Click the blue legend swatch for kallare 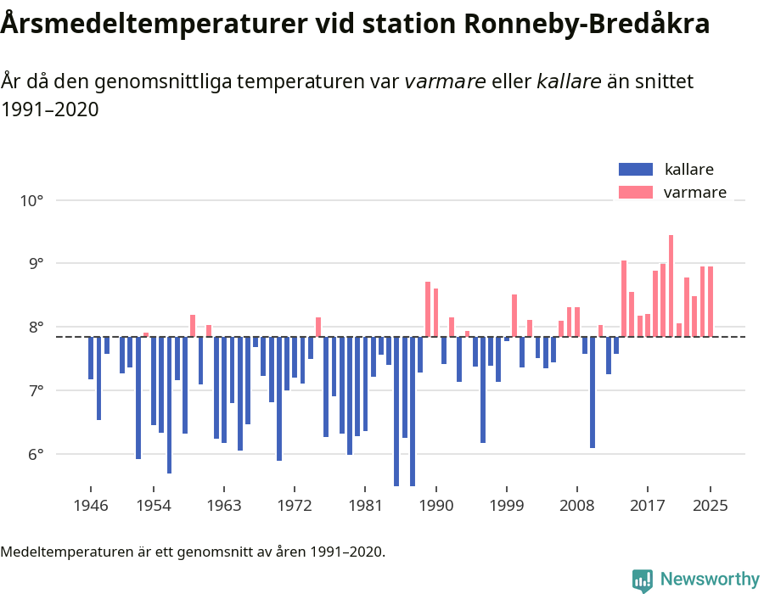(x=635, y=169)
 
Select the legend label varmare (x=694, y=193)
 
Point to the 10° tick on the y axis (x=31, y=201)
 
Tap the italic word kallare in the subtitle (x=569, y=81)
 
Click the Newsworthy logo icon (x=642, y=580)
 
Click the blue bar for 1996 (x=483, y=389)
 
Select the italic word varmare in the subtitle (x=445, y=81)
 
